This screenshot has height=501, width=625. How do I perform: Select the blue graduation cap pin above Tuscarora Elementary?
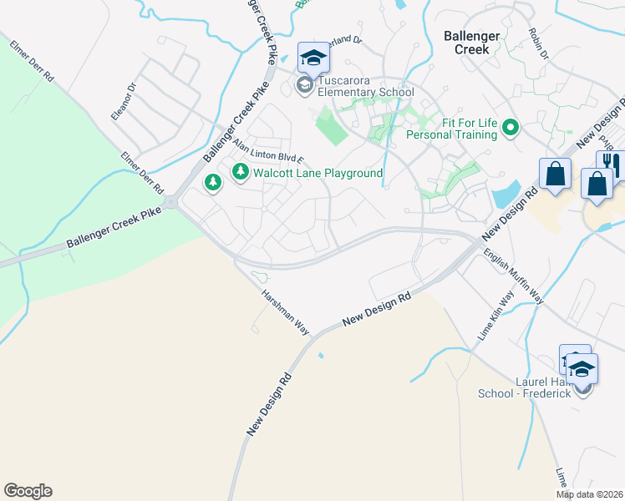click(x=313, y=58)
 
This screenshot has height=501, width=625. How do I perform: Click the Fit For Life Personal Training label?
click(x=452, y=129)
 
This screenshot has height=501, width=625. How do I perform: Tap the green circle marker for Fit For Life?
click(x=510, y=128)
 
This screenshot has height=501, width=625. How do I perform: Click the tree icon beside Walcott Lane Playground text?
click(x=241, y=172)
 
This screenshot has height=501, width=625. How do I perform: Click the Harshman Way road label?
click(x=285, y=312)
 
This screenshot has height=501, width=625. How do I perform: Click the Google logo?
click(x=28, y=491)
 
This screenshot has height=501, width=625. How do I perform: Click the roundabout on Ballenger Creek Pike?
click(x=171, y=201)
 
